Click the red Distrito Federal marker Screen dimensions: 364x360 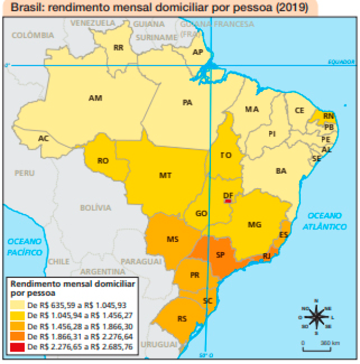(x=228, y=201)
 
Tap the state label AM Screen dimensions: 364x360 (x=95, y=98)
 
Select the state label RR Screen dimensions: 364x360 (x=118, y=48)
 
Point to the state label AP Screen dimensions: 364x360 (x=197, y=52)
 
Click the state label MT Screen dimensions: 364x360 (x=165, y=175)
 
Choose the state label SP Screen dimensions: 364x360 (x=221, y=255)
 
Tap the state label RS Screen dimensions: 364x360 (x=182, y=319)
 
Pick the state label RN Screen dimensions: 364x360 (x=328, y=116)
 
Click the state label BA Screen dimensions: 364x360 (x=281, y=171)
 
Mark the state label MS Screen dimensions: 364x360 (x=173, y=239)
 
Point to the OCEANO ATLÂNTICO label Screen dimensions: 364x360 (x=324, y=220)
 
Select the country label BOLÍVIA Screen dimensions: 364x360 (x=96, y=208)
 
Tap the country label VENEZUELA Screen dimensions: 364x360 (x=93, y=23)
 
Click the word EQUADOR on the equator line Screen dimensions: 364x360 (x=339, y=62)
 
